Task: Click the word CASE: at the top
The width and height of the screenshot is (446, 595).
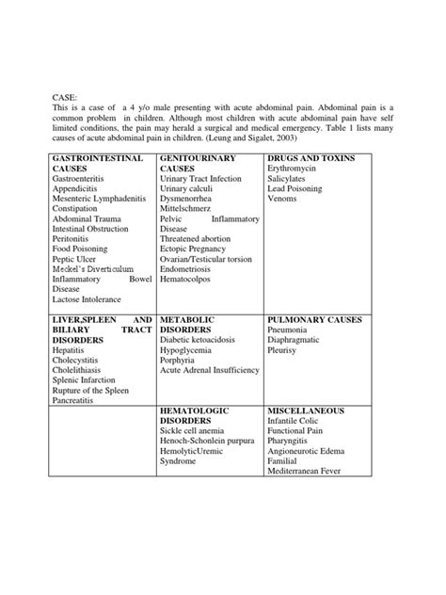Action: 63,96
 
